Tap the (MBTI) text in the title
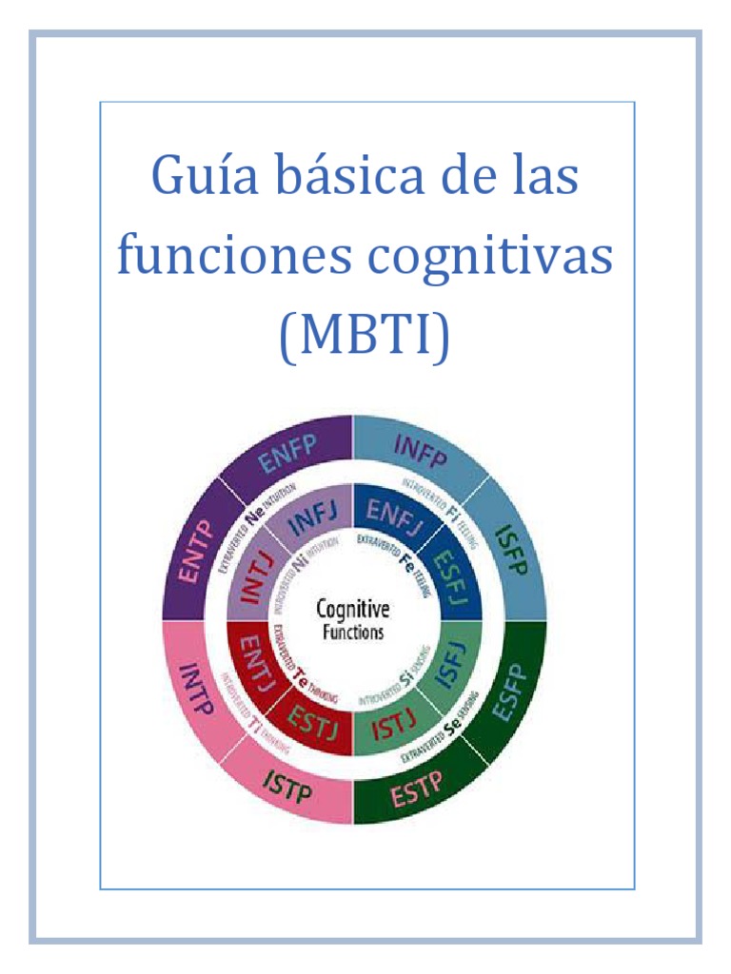365,339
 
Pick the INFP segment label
420,451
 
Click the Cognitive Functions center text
352,619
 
